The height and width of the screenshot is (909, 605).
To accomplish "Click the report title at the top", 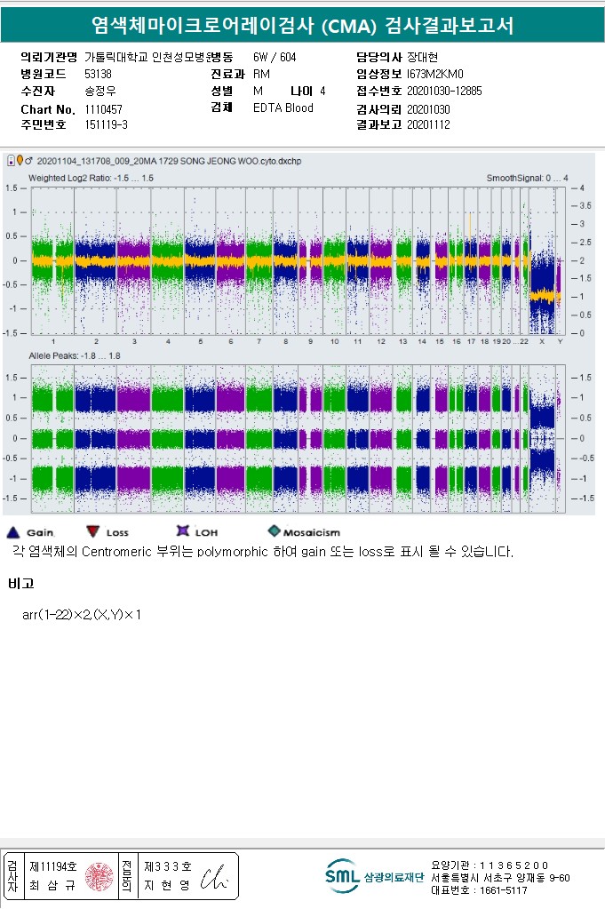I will (302, 25).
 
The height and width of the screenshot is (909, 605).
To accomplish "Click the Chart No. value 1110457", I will (103, 108).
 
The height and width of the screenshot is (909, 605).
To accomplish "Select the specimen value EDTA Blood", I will (283, 108).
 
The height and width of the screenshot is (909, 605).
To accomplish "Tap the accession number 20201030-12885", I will (444, 91).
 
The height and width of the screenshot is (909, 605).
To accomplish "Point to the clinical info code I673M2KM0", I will (435, 75).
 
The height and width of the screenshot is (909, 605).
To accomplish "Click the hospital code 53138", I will (98, 75).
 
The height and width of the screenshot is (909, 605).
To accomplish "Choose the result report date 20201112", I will (428, 124).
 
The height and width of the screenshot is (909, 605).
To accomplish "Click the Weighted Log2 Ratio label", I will (91, 179).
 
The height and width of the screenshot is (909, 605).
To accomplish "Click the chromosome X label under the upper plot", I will (542, 341).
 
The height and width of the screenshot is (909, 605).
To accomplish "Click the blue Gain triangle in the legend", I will (13, 532).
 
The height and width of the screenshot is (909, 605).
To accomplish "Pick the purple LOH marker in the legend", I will (183, 531).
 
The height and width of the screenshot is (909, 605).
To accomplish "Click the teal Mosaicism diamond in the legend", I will (275, 531).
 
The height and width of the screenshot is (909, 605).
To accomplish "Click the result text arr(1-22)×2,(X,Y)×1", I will (82, 615).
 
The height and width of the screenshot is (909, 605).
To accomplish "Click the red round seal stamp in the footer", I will (99, 876).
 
